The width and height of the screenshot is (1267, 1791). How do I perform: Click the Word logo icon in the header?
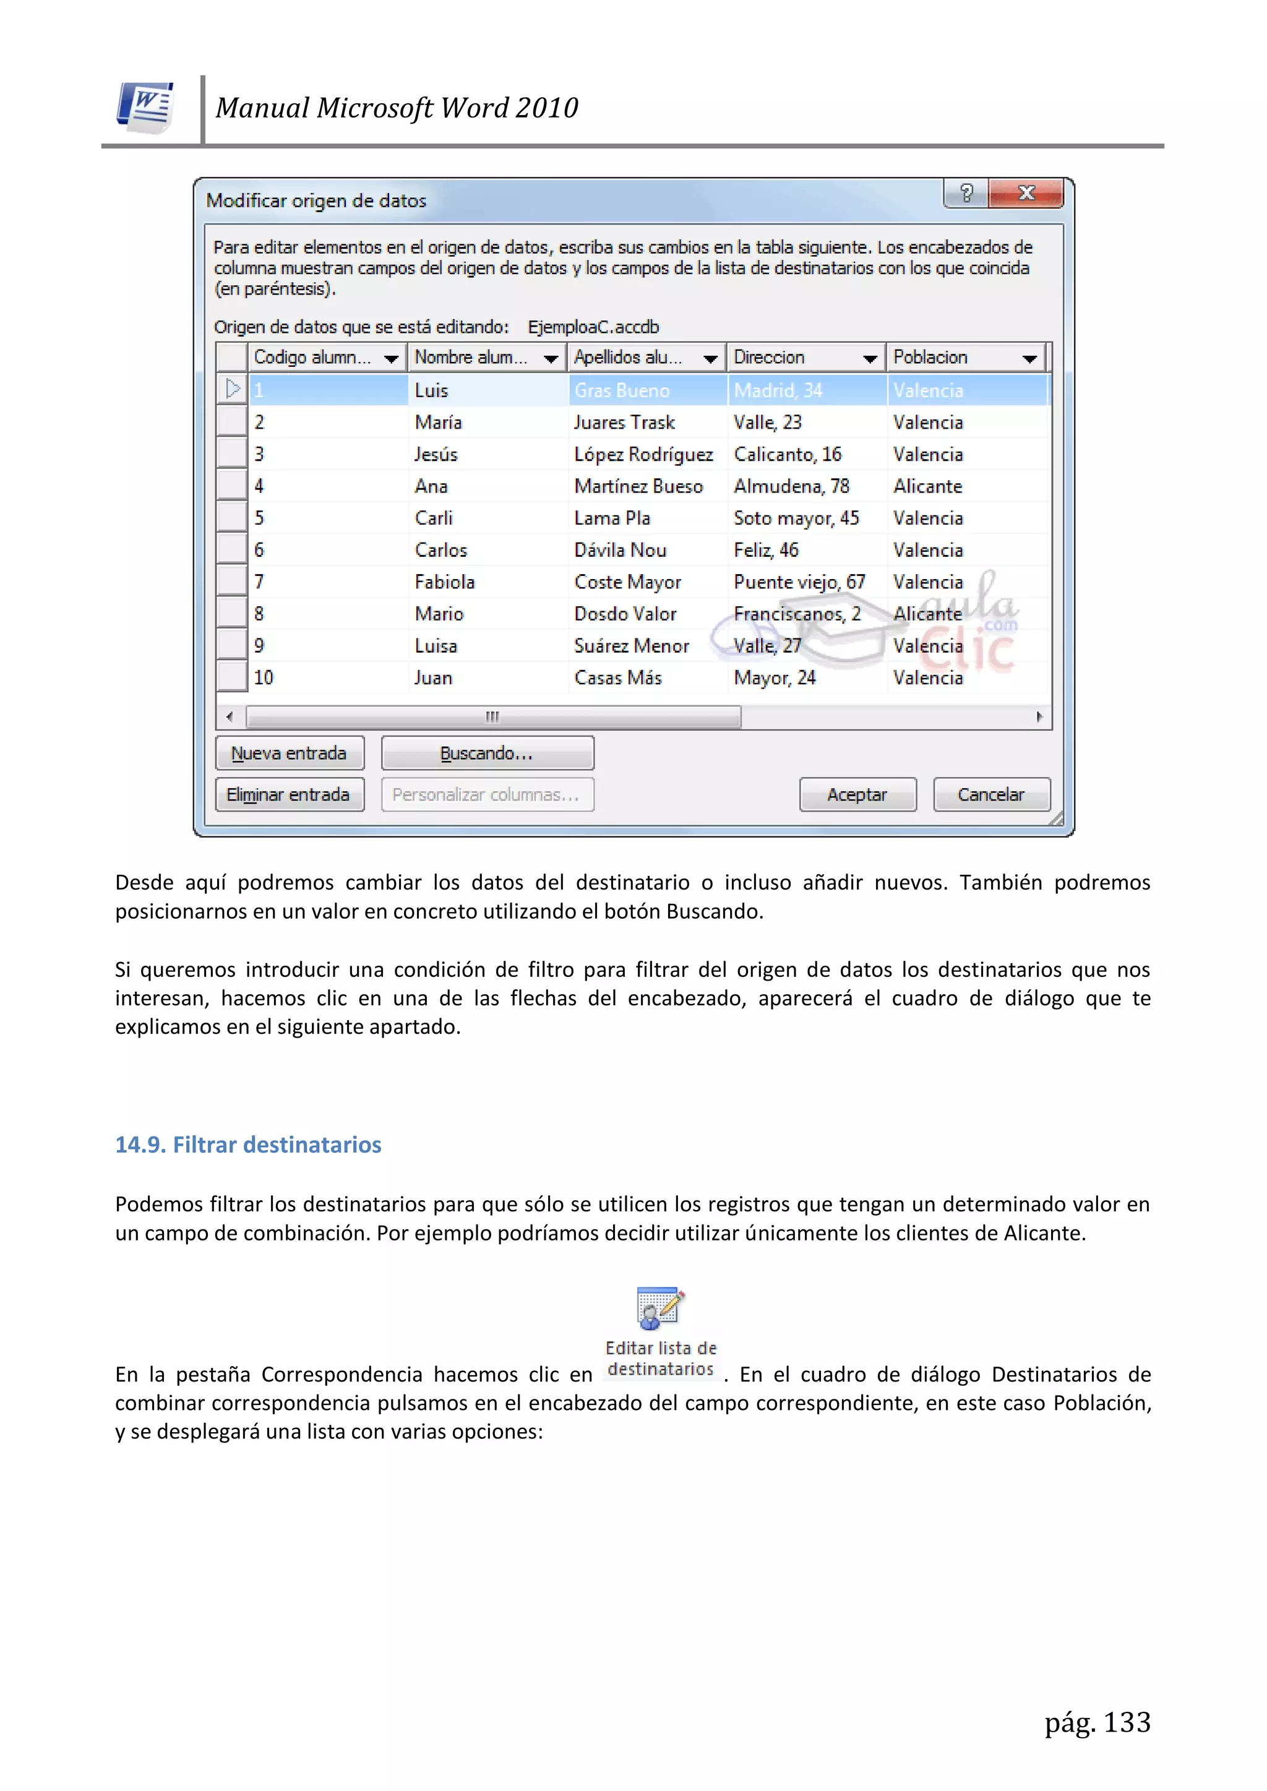[146, 108]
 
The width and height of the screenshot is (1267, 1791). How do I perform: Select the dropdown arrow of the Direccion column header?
[870, 359]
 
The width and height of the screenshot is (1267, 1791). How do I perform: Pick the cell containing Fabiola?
[445, 582]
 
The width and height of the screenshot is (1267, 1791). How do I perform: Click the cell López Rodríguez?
[643, 454]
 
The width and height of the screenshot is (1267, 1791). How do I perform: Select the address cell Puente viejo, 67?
[799, 582]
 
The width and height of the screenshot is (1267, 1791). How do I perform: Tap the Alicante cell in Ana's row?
[927, 486]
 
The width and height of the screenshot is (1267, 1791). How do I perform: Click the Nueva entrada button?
[290, 753]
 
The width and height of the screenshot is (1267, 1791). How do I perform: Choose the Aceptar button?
[857, 794]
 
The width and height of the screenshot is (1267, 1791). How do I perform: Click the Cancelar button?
[991, 794]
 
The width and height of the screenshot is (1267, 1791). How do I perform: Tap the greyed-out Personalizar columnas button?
[487, 794]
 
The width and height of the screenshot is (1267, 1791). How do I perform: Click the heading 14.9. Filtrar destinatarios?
[248, 1145]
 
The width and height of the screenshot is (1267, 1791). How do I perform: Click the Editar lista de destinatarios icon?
[660, 1309]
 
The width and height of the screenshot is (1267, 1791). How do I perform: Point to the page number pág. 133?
[1097, 1722]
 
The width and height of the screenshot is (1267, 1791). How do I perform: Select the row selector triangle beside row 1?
[233, 389]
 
